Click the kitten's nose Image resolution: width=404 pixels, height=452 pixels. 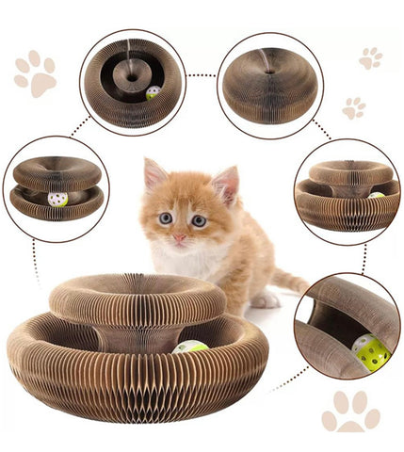(x=179, y=238)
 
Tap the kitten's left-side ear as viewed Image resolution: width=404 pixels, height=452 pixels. (x=154, y=176)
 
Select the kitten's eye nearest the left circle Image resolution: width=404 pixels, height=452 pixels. (x=165, y=218)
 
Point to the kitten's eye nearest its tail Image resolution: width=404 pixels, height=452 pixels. (x=199, y=220)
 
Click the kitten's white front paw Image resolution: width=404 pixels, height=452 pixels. (x=266, y=300)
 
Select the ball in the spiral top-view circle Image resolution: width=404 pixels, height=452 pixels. (x=153, y=93)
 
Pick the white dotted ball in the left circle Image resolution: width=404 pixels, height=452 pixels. (x=57, y=200)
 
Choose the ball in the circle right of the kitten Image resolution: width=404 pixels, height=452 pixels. (x=376, y=197)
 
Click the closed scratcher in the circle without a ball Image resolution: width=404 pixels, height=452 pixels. (x=269, y=85)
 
